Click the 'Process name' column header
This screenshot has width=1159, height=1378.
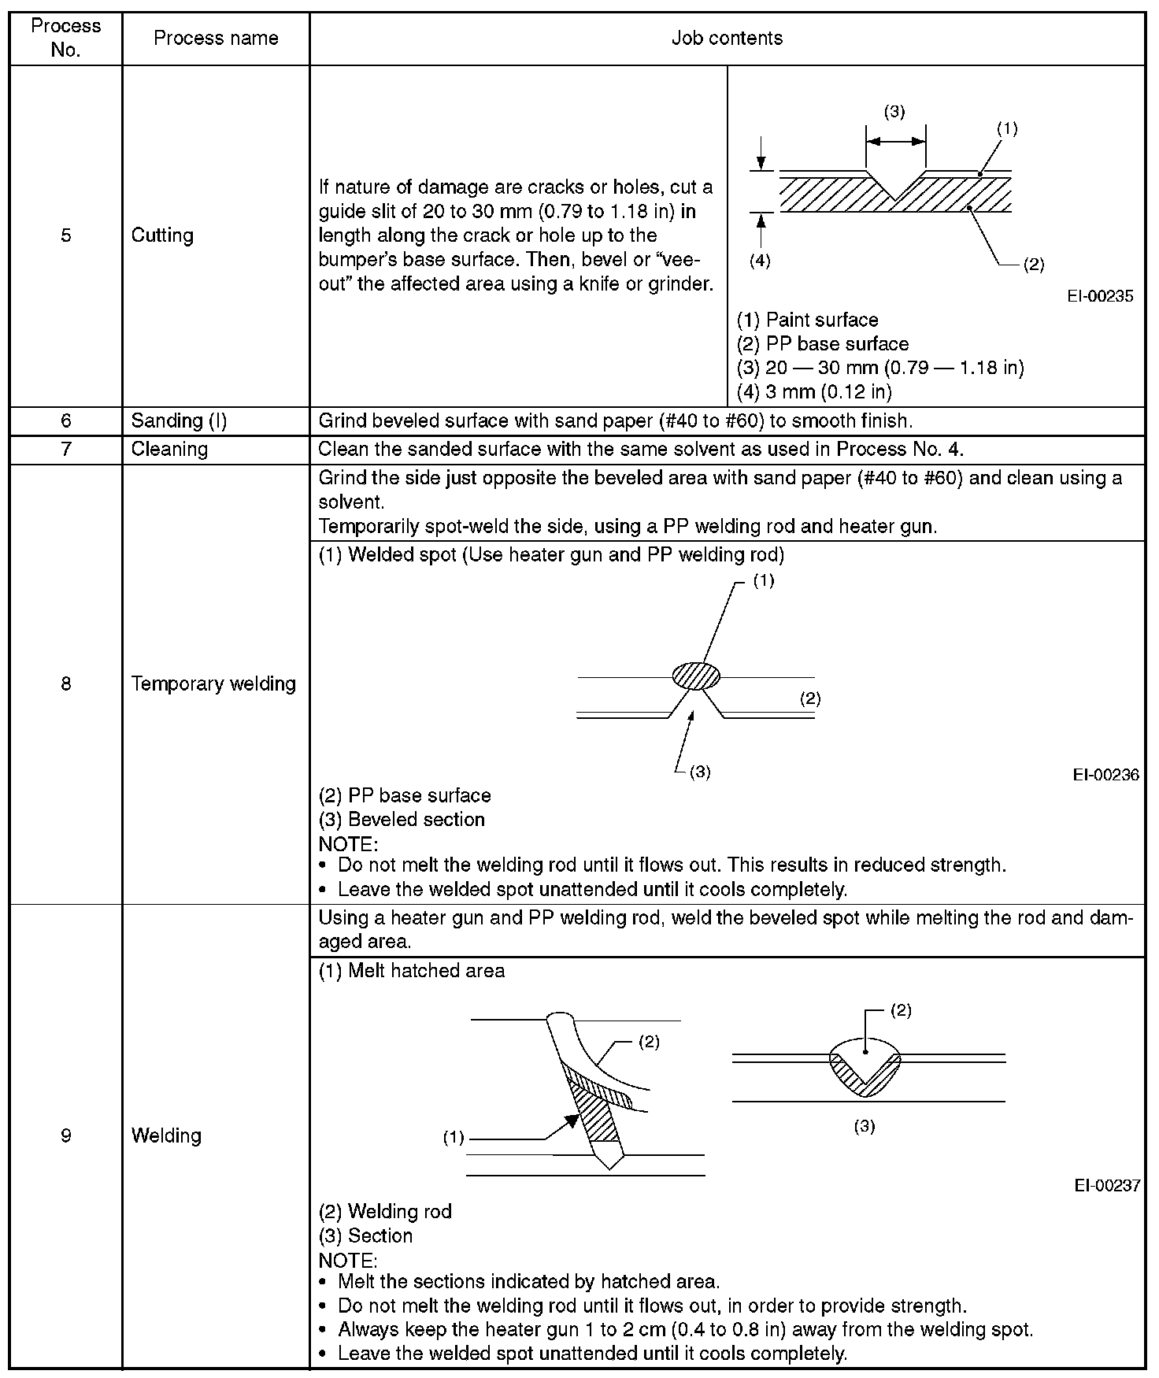[216, 39]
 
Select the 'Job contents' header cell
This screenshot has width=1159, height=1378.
[727, 39]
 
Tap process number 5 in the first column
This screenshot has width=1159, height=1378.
[66, 235]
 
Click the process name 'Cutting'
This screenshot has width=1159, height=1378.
[162, 235]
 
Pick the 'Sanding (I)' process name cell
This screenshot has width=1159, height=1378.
[179, 421]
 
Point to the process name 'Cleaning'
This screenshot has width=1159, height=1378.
[169, 450]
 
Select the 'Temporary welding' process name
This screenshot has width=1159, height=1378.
[213, 683]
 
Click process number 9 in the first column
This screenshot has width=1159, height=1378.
[66, 1135]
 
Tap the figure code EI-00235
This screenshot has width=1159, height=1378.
[1100, 296]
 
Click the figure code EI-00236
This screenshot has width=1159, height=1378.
[1105, 775]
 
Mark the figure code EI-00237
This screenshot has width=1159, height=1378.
[1106, 1185]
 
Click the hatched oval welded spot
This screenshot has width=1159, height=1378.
[696, 676]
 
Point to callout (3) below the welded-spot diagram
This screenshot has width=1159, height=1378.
[700, 772]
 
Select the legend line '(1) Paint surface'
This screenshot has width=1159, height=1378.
[807, 320]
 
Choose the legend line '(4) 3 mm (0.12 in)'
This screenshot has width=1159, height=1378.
[813, 391]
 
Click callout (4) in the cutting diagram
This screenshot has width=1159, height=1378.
[760, 261]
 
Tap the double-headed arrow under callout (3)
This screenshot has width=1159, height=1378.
[895, 142]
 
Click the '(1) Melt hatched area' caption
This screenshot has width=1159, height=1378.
[411, 971]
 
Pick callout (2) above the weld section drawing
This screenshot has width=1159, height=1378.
[901, 1011]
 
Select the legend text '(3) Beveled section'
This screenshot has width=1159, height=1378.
[402, 820]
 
